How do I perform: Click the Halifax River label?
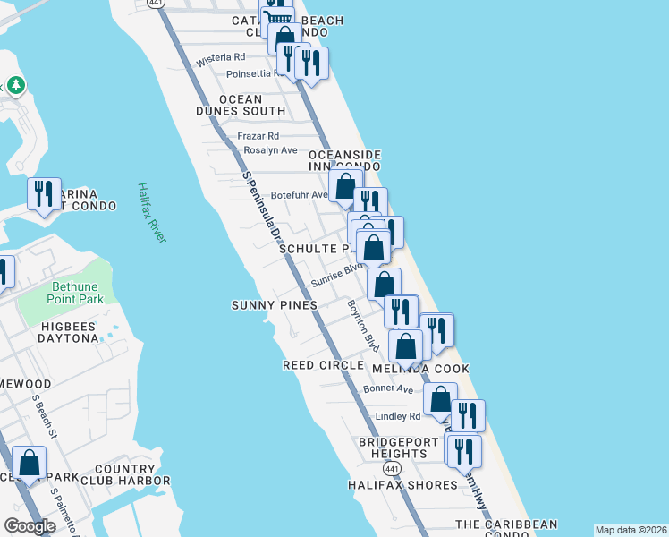tap(152, 212)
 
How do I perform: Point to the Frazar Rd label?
tap(258, 136)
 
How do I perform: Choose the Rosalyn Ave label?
tap(270, 150)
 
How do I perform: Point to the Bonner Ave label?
tap(388, 389)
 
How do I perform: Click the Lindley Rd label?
tap(398, 416)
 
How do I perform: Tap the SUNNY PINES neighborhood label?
tap(275, 305)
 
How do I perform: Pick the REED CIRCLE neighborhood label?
tap(323, 365)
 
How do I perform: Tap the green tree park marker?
tap(15, 86)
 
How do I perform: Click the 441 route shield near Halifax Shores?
tap(391, 469)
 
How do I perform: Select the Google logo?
tap(30, 526)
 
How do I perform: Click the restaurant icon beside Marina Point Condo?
tap(43, 193)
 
